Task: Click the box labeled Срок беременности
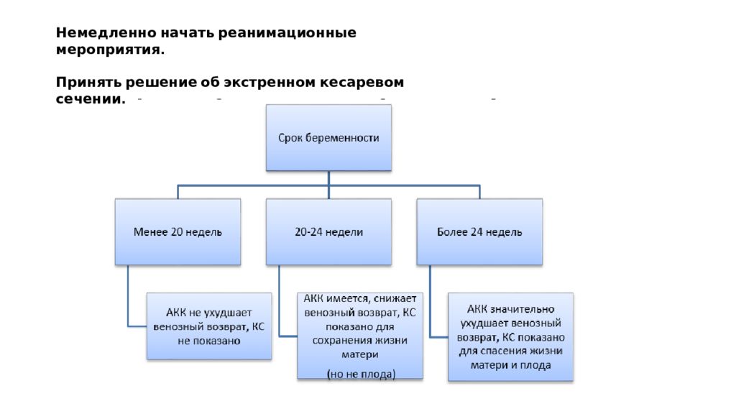[328, 137]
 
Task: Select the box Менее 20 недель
[178, 232]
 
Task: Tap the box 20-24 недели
[328, 232]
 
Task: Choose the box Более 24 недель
[479, 232]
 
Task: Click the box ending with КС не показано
[209, 327]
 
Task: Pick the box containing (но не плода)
[360, 336]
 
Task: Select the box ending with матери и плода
[511, 337]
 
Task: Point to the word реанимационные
[287, 34]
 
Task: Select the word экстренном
[270, 83]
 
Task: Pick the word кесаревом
[362, 83]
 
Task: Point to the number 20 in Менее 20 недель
[177, 232]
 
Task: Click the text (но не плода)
[361, 374]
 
